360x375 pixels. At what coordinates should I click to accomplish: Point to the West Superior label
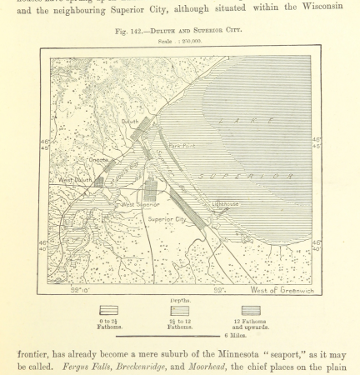141,203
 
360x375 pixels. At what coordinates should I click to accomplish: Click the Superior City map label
167,219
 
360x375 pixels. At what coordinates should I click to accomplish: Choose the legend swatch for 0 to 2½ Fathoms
109,310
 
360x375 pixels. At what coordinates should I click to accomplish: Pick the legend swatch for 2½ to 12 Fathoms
179,310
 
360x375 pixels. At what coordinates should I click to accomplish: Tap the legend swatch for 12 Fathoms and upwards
251,310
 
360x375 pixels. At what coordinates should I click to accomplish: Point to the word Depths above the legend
179,300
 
